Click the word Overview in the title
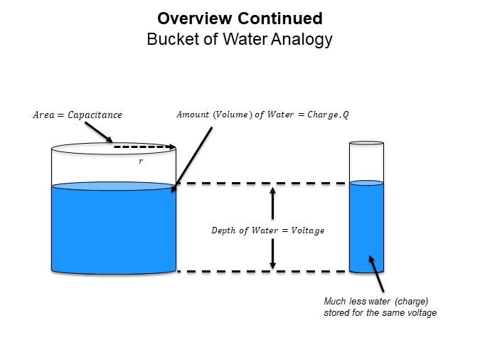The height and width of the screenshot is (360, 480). coord(195,18)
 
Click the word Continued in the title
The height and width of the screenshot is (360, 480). coord(280,18)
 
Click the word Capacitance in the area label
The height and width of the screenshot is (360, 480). coord(95,115)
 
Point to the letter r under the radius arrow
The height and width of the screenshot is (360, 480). coord(141,161)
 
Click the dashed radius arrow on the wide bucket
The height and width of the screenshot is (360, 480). coord(144,147)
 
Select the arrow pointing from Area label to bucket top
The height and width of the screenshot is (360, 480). coord(99,132)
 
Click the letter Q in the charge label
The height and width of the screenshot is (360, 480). coord(346,115)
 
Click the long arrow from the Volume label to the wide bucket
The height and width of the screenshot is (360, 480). coord(191,159)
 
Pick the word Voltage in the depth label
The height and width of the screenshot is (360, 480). coord(308,231)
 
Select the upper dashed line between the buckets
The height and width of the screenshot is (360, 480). coord(262,184)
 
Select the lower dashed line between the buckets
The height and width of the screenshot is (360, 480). coord(262,271)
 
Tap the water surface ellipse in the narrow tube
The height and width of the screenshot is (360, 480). coord(366,183)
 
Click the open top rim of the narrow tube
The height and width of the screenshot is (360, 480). coord(366,143)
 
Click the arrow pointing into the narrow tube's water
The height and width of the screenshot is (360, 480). coord(376,274)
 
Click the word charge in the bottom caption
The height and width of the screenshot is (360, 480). coord(411,302)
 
